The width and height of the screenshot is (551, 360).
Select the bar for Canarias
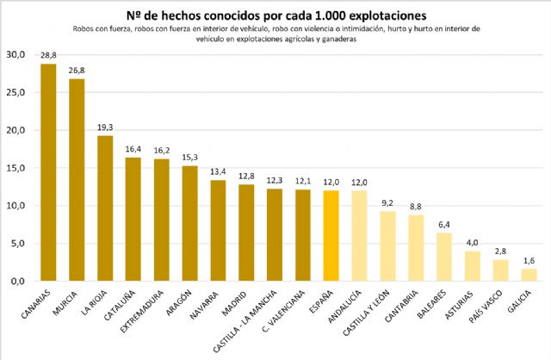[48, 172]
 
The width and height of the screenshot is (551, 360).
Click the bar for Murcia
[77, 180]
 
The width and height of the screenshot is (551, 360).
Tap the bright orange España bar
[331, 236]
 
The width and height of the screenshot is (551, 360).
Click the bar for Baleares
[443, 257]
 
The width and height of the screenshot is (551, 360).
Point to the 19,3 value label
[105, 127]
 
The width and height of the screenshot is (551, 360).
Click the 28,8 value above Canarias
[48, 55]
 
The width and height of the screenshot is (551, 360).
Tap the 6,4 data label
[443, 225]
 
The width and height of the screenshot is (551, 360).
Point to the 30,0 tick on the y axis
[16, 54]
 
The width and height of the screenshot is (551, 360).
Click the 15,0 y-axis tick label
[16, 168]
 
